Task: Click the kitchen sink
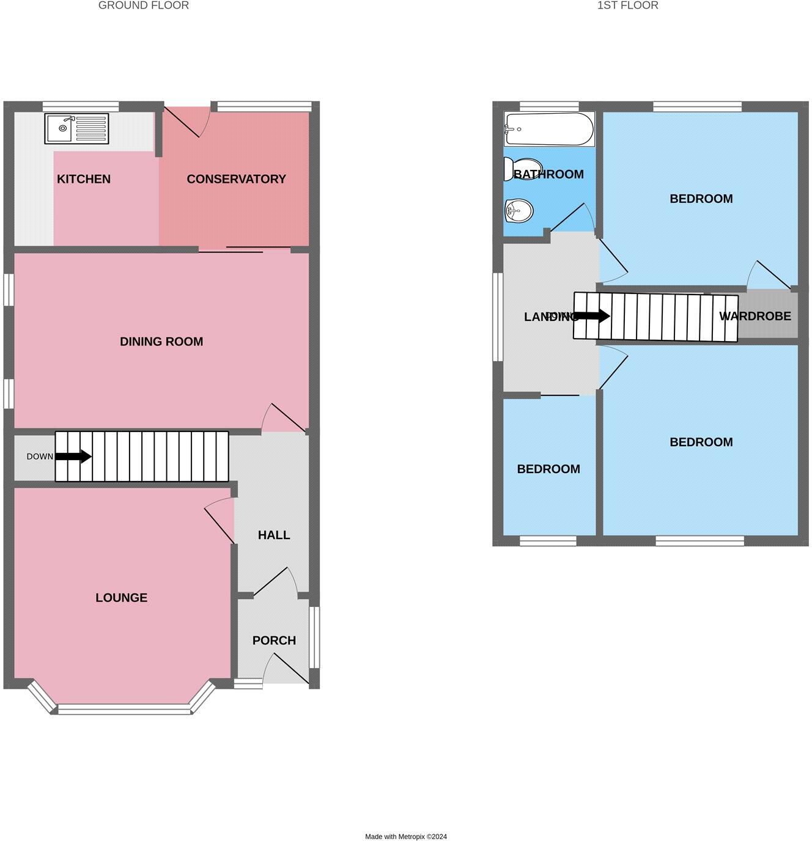pos(76,128)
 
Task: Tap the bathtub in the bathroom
pos(548,128)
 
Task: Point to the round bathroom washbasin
pos(519,211)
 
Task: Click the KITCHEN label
pos(84,179)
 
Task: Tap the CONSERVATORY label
pos(236,179)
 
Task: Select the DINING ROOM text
pos(161,342)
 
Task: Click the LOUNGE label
pos(121,598)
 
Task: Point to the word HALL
pos(273,535)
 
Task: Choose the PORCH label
pos(274,641)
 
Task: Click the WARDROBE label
pos(755,316)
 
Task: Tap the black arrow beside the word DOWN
pos(73,457)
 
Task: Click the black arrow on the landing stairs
pos(591,316)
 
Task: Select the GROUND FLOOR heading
pos(144,6)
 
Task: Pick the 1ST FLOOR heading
pos(628,6)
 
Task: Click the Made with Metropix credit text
pos(406,837)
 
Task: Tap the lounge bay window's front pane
pos(124,710)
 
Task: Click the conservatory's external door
pos(186,120)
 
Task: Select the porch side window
pos(314,637)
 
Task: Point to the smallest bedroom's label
pos(548,469)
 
